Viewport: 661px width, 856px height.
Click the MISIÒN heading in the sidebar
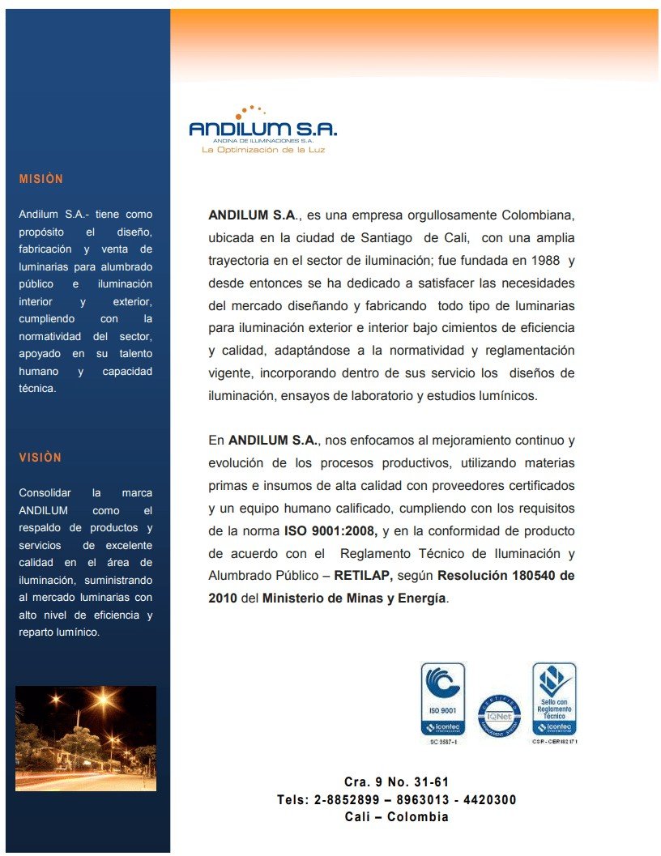[41, 179]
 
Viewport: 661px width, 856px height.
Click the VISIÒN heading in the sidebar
[41, 458]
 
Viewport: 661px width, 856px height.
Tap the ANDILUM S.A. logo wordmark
[262, 129]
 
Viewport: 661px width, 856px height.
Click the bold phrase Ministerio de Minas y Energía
[354, 598]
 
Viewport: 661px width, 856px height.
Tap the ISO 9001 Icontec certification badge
[442, 700]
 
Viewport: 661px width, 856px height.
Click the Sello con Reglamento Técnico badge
[554, 699]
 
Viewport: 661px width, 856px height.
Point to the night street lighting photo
[86, 738]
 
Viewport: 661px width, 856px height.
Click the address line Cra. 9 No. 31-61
[396, 782]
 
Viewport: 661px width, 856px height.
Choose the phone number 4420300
[488, 799]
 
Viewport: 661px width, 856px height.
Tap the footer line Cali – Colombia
[396, 816]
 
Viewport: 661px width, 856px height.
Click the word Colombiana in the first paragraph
[538, 215]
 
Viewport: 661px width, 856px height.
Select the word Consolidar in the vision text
[45, 492]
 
